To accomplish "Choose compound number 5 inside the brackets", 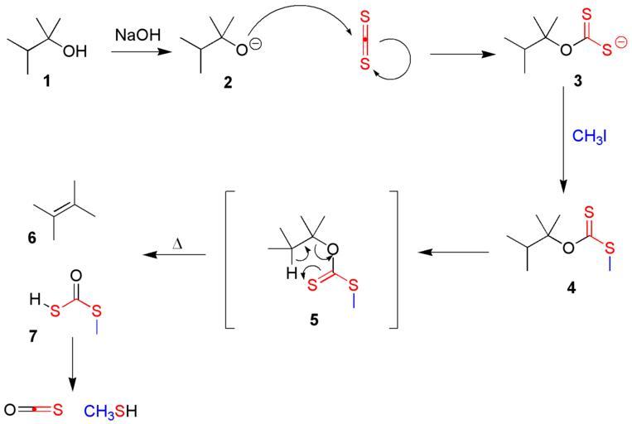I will click(x=313, y=316).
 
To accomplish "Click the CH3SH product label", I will click(x=110, y=410).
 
